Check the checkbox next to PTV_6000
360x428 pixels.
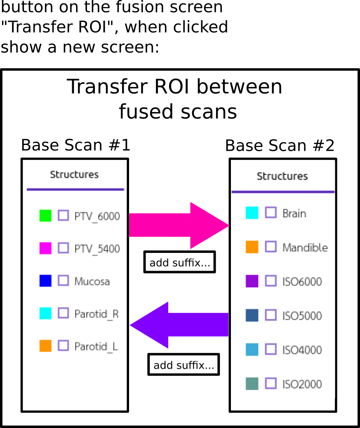tap(63, 215)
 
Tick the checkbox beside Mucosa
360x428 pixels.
tap(63, 281)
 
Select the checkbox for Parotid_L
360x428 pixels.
tap(63, 345)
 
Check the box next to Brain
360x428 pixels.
tap(271, 213)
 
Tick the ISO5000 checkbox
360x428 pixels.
tap(271, 315)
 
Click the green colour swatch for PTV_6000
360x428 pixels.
tap(45, 215)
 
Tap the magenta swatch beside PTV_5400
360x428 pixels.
tap(45, 248)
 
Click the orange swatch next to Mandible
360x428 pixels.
tap(252, 247)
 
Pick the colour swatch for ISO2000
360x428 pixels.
tap(252, 384)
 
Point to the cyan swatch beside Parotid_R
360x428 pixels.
tap(45, 313)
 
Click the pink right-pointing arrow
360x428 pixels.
tap(179, 225)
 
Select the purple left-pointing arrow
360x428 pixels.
tap(179, 325)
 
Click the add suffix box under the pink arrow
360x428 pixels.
tap(180, 262)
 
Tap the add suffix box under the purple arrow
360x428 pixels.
tap(184, 365)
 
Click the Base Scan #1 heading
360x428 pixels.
tap(75, 145)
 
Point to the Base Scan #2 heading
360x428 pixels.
tap(280, 145)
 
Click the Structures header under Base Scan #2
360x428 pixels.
tap(282, 176)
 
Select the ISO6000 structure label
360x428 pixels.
tap(302, 281)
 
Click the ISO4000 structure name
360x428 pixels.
tap(302, 350)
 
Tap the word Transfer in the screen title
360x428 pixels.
tap(108, 87)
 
